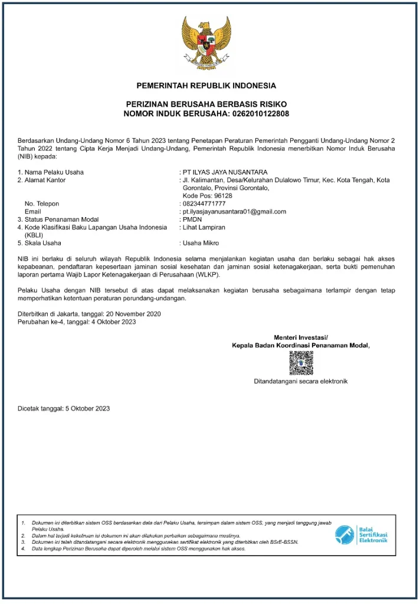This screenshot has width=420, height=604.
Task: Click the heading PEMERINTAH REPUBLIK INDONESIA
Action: click(206, 86)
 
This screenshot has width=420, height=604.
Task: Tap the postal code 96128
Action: click(219, 195)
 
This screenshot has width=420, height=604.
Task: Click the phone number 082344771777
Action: click(204, 203)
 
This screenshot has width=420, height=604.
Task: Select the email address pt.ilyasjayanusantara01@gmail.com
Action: click(234, 211)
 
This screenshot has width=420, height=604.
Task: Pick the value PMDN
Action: click(192, 219)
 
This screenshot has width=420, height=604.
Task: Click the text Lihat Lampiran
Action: click(204, 227)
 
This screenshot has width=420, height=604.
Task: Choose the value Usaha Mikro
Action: click(201, 242)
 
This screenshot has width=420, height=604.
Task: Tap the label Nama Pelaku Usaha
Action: click(54, 172)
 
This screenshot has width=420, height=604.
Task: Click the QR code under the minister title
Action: click(301, 363)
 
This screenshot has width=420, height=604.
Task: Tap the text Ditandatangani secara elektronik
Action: click(300, 381)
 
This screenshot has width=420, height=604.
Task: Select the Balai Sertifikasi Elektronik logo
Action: click(361, 535)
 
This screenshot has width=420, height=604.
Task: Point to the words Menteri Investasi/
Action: click(300, 337)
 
